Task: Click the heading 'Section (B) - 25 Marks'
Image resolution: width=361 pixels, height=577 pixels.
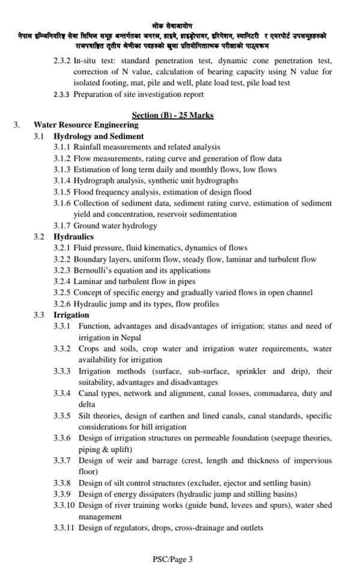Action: pyautogui.click(x=172, y=115)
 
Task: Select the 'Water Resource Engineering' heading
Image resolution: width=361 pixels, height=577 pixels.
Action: pyautogui.click(x=86, y=125)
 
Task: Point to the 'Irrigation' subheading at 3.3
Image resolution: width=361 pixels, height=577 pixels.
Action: pyautogui.click(x=71, y=315)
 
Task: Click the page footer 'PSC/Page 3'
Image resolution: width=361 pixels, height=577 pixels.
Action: pyautogui.click(x=173, y=560)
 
